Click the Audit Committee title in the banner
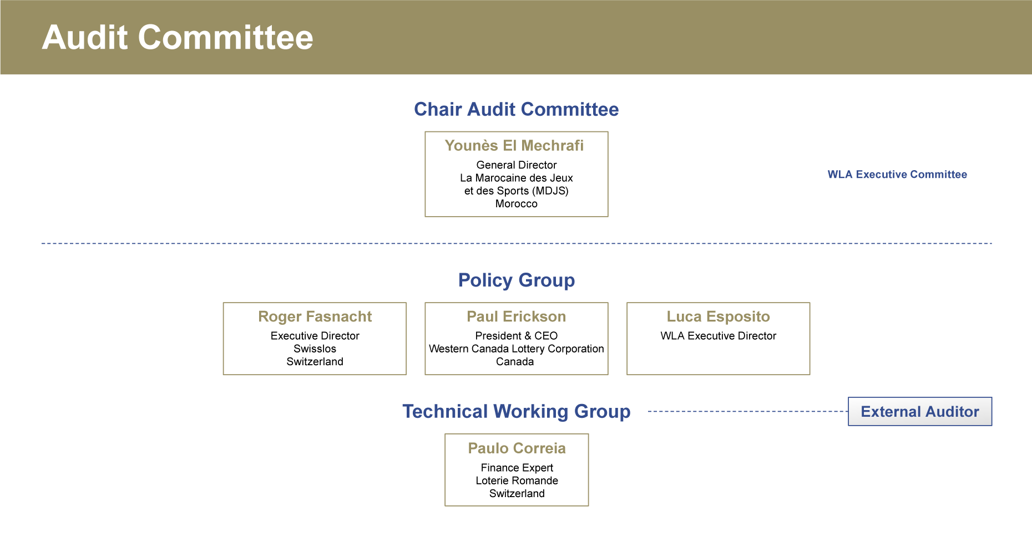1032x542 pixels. click(178, 38)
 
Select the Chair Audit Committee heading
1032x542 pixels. click(517, 109)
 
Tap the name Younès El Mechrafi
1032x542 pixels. click(514, 145)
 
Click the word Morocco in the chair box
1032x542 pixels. click(517, 203)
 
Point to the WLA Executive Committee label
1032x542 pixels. click(897, 175)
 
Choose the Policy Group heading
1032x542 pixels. click(517, 280)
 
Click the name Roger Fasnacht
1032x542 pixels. click(315, 316)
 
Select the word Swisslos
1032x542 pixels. click(315, 349)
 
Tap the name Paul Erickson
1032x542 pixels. click(517, 316)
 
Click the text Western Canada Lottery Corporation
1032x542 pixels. click(517, 349)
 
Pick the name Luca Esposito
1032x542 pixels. click(719, 316)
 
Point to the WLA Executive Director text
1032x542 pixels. click(719, 336)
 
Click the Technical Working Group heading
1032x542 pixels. click(517, 412)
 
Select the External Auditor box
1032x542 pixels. click(920, 411)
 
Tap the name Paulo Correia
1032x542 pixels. click(517, 448)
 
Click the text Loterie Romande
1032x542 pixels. click(517, 480)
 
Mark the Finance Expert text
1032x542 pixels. click(517, 468)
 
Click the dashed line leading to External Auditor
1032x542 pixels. click(748, 411)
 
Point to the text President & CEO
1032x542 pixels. click(517, 336)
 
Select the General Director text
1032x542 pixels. click(517, 165)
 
